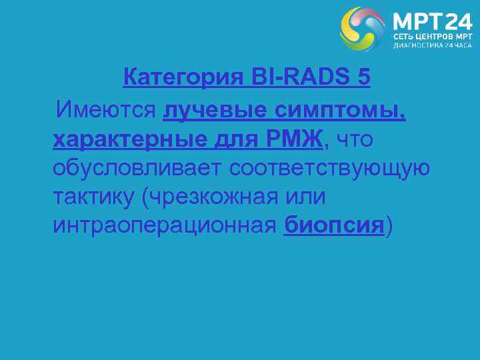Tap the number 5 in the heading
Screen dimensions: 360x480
pos(363,78)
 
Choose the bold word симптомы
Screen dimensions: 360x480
pos(347,108)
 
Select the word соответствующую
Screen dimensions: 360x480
pos(329,167)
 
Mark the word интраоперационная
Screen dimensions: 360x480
pos(164,226)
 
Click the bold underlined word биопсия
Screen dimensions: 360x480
pos(334,226)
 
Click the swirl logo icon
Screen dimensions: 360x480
pos(362,29)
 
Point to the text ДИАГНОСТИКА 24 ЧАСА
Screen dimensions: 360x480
pos(432,47)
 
